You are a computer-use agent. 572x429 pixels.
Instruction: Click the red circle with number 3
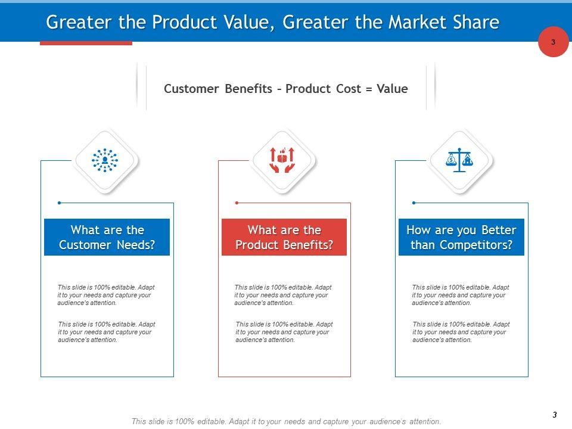(553, 42)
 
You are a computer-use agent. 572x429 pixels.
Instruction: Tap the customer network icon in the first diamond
(105, 160)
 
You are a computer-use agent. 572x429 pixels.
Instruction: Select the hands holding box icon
(282, 160)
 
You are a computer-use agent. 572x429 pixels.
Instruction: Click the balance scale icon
(459, 160)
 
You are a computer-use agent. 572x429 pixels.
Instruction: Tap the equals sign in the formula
(369, 89)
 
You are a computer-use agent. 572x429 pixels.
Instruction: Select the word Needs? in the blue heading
(136, 245)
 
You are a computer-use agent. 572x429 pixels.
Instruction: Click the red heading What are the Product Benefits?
(284, 237)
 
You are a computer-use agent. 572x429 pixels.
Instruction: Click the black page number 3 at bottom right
(555, 415)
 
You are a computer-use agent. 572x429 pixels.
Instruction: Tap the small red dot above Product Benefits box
(237, 203)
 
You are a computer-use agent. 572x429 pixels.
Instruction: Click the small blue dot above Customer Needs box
(60, 203)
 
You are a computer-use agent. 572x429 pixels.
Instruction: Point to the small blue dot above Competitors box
(414, 203)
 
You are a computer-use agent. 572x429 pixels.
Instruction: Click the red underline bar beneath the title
(86, 43)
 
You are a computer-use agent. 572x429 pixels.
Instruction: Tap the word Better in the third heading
(499, 230)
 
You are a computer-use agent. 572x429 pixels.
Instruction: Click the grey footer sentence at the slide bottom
(286, 422)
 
